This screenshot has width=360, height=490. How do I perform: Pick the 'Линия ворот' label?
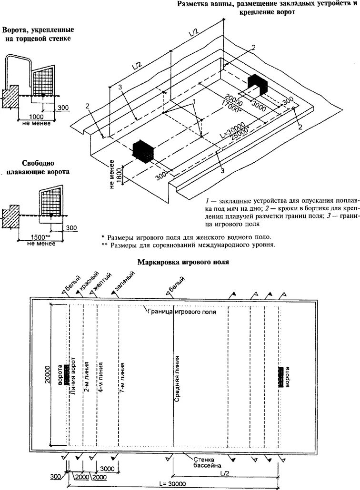73,376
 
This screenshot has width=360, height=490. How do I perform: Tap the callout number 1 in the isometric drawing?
194,102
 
